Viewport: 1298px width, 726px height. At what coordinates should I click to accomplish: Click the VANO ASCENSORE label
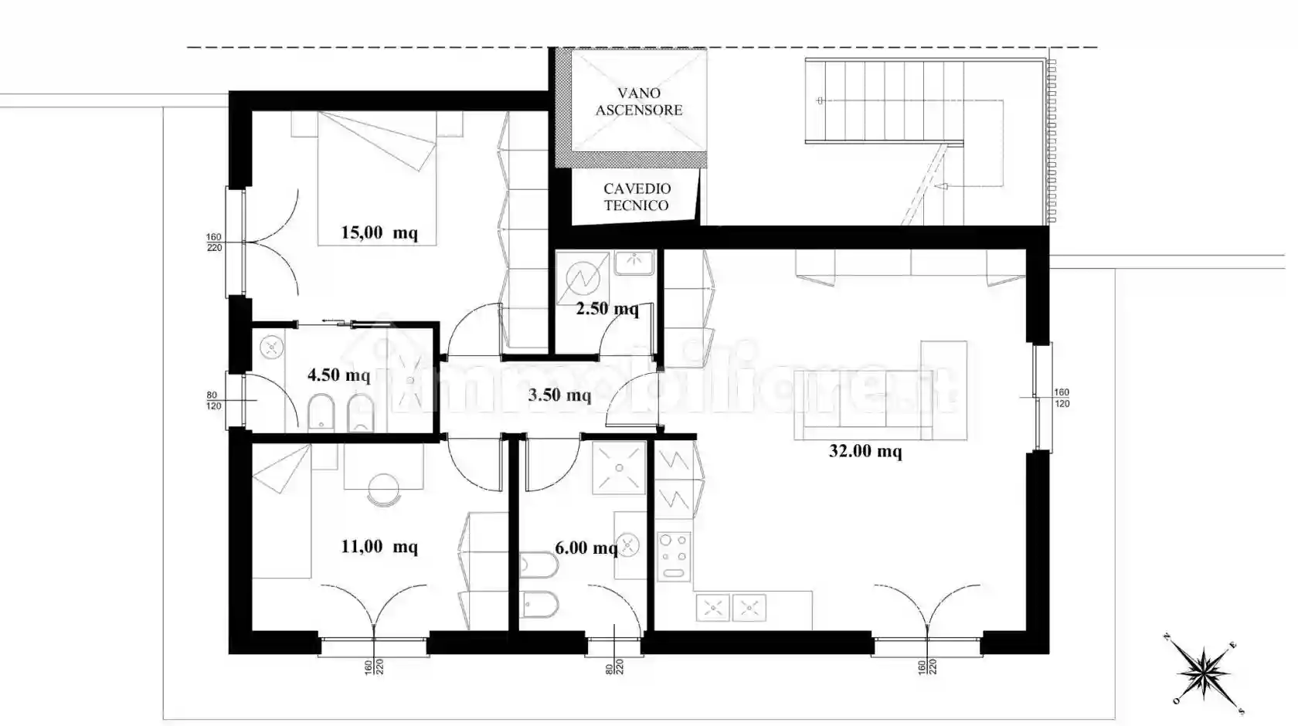pyautogui.click(x=638, y=101)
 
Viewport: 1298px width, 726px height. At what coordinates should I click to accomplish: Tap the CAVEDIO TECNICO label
pyautogui.click(x=637, y=197)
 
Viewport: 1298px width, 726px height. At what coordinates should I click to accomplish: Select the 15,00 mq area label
pyautogui.click(x=379, y=232)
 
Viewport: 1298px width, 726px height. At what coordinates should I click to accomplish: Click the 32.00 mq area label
pyautogui.click(x=865, y=451)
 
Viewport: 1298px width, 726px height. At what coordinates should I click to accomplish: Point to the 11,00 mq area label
pyautogui.click(x=379, y=547)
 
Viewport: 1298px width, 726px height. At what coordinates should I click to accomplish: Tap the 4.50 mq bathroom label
pyautogui.click(x=338, y=375)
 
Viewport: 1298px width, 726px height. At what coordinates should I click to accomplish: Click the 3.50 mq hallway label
pyautogui.click(x=559, y=395)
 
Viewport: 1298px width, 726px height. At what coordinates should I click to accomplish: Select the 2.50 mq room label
pyautogui.click(x=607, y=309)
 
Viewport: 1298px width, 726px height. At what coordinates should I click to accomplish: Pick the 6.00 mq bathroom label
pyautogui.click(x=586, y=548)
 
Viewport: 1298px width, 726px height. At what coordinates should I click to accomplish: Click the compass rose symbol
pyautogui.click(x=1204, y=671)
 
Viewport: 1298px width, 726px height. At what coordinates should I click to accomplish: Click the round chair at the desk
pyautogui.click(x=384, y=489)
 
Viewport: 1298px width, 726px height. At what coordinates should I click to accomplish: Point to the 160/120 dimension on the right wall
pyautogui.click(x=1062, y=398)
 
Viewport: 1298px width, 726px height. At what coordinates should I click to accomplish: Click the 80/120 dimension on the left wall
pyautogui.click(x=214, y=401)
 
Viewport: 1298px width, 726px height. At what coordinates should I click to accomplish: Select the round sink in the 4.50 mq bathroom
pyautogui.click(x=272, y=348)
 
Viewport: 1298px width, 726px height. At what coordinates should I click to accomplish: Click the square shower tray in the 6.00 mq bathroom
pyautogui.click(x=618, y=467)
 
